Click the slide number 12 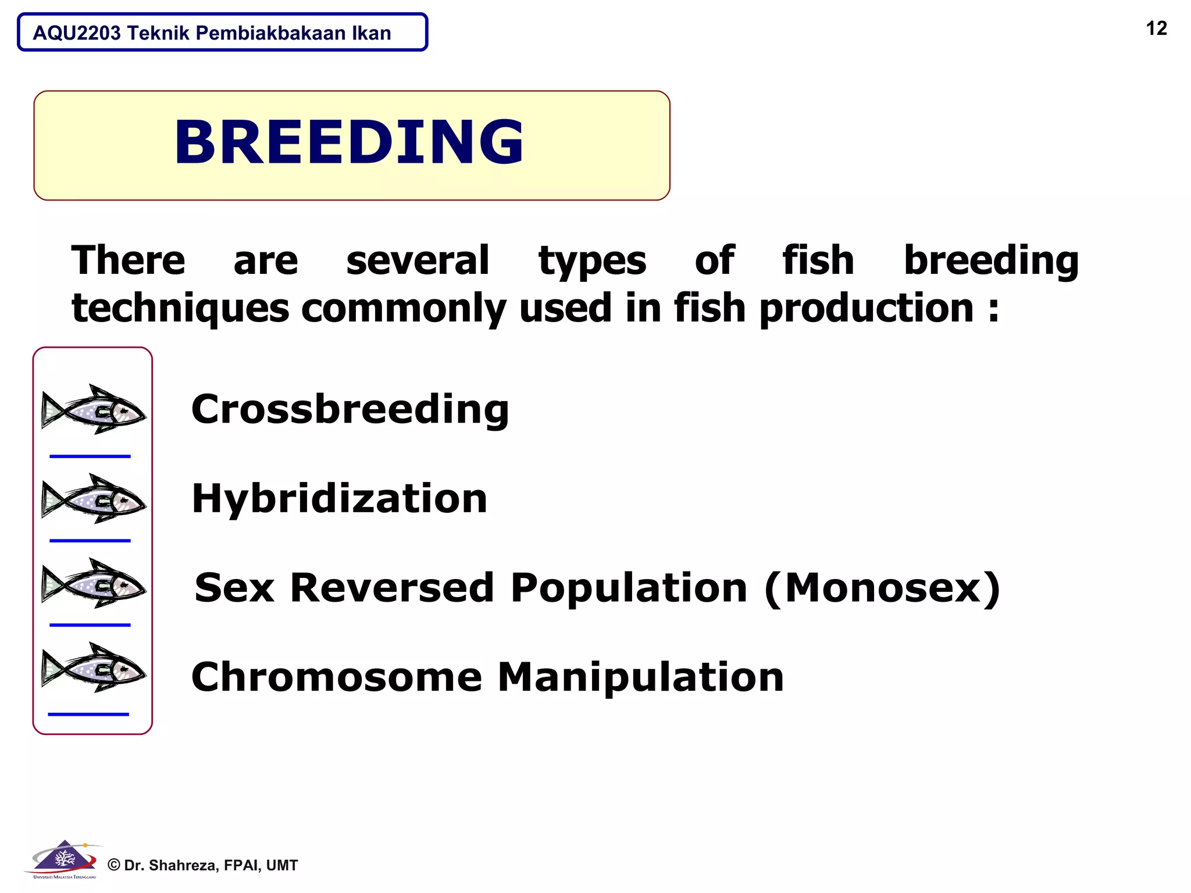1156,28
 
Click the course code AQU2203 77,33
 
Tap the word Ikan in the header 371,33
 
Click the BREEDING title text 349,142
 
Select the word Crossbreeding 350,409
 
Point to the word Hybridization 340,499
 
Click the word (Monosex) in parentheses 882,588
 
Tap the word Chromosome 337,677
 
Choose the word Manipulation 641,677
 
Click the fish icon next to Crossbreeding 93,409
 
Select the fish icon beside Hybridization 93,499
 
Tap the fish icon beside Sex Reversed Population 93,584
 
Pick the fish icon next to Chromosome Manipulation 93,667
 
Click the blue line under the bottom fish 88,714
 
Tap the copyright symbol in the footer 114,866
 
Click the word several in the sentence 418,260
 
